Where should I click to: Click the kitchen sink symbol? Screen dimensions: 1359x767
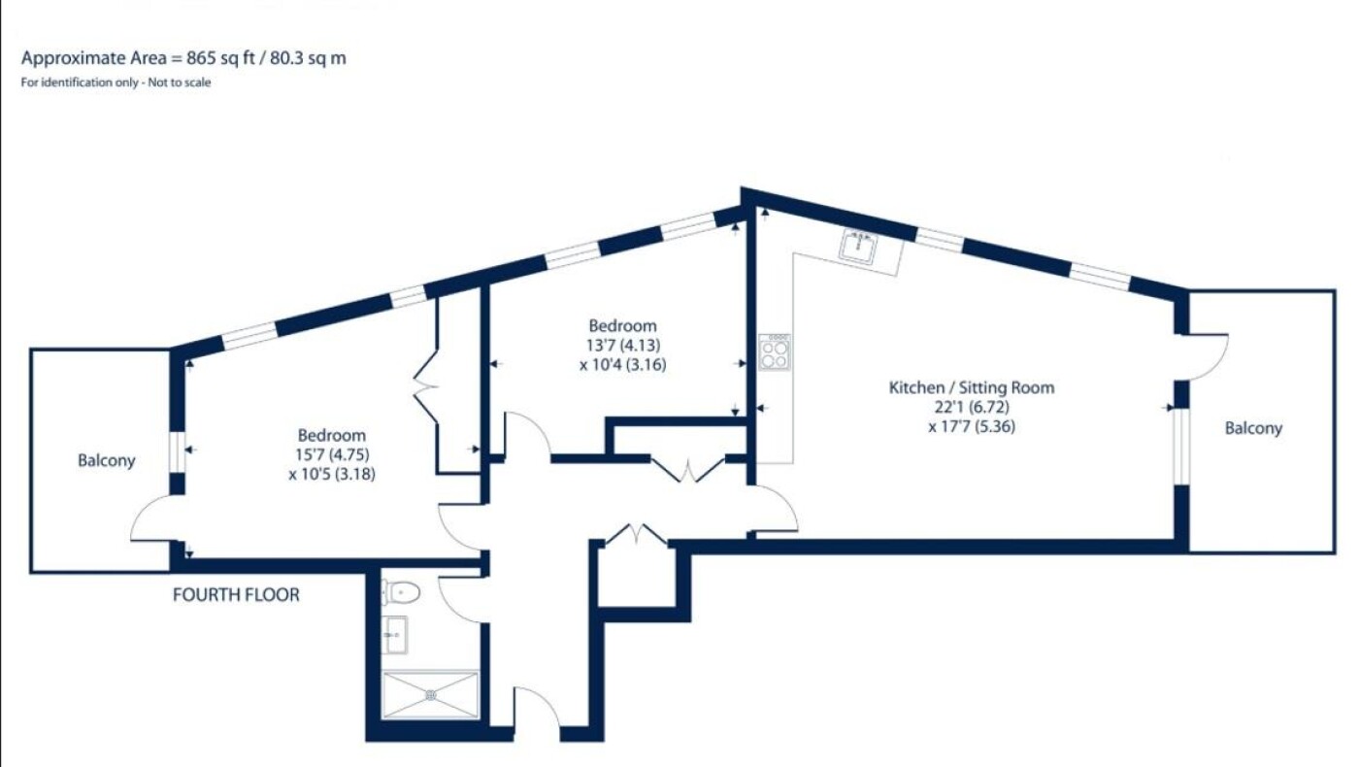859,247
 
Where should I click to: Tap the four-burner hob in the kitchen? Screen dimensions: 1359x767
775,351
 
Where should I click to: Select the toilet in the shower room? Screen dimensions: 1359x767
401,592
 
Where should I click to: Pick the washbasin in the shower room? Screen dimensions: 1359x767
396,635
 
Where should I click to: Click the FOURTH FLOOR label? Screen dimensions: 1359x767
236,594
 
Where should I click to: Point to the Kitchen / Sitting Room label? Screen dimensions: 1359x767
972,387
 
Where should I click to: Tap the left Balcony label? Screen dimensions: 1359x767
106,460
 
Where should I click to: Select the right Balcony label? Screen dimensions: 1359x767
1253,428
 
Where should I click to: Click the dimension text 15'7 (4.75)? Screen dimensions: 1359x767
332,454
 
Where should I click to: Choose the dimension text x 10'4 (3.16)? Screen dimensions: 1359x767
623,365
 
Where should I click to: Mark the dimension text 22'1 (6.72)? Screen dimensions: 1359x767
972,407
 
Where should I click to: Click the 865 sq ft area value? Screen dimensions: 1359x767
220,58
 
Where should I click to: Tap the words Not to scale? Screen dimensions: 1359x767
180,83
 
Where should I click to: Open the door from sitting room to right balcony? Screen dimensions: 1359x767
1208,357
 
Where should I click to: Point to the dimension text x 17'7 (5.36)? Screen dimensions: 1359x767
972,426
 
